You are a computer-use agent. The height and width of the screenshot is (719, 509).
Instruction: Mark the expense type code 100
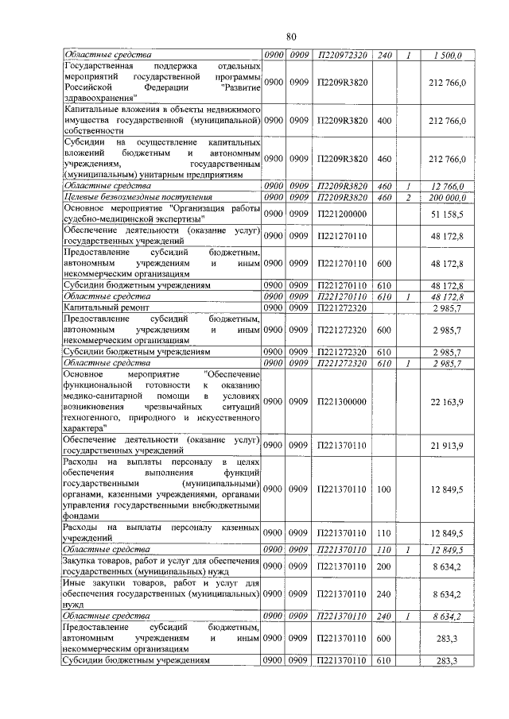(x=385, y=489)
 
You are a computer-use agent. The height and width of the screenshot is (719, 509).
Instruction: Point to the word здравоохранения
(x=95, y=98)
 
